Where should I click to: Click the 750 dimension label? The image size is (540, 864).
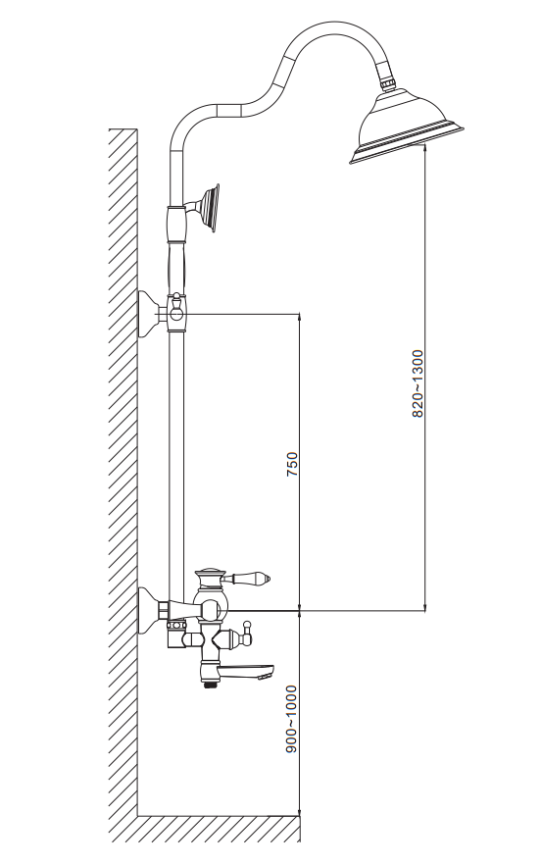tap(292, 464)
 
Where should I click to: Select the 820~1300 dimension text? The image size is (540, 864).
tap(417, 383)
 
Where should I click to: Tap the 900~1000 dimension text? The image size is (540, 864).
tap(291, 719)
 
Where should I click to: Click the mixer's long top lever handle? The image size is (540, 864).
tap(248, 578)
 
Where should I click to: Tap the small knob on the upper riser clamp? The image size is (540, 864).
tap(176, 301)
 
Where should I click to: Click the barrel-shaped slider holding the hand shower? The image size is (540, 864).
tap(176, 225)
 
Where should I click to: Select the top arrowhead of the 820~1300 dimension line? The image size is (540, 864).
tap(425, 146)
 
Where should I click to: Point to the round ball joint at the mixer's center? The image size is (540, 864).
tap(211, 609)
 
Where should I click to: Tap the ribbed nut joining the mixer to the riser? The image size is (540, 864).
tap(176, 625)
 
